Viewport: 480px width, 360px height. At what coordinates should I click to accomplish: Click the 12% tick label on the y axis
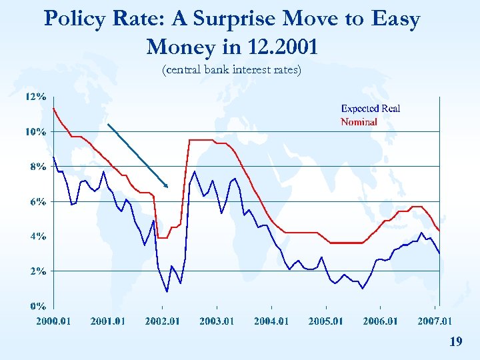pos(35,97)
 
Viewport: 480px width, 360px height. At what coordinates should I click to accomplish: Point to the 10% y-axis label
pos(35,131)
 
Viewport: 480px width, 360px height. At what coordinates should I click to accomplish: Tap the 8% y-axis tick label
pos(37,166)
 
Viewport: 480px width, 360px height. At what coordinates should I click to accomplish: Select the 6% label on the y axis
pos(37,201)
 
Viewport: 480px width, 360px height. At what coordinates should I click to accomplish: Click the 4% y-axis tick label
pos(37,236)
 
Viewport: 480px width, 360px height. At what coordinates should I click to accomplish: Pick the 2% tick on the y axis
pos(37,271)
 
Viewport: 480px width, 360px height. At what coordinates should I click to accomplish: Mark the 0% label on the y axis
pos(37,306)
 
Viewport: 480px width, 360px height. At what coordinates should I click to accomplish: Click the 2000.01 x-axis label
pos(53,321)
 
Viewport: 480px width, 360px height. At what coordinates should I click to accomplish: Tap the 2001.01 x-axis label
pos(107,321)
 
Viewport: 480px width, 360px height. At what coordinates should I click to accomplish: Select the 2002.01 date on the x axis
pos(162,321)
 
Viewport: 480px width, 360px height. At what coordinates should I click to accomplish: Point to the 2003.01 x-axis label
pos(217,321)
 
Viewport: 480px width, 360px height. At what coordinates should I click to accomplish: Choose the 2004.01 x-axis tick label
pos(271,321)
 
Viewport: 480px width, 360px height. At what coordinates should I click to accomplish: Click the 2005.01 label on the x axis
pos(325,321)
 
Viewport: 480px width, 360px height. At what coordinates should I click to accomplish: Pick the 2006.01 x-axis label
pos(380,321)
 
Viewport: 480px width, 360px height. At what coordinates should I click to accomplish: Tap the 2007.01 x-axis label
pos(435,321)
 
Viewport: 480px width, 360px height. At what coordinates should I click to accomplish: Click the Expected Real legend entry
pos(371,109)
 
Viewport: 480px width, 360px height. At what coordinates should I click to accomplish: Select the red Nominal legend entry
pos(359,122)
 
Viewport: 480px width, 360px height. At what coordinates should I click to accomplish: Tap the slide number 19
pos(456,342)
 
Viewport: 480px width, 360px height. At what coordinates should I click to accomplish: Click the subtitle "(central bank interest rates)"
pos(232,69)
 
